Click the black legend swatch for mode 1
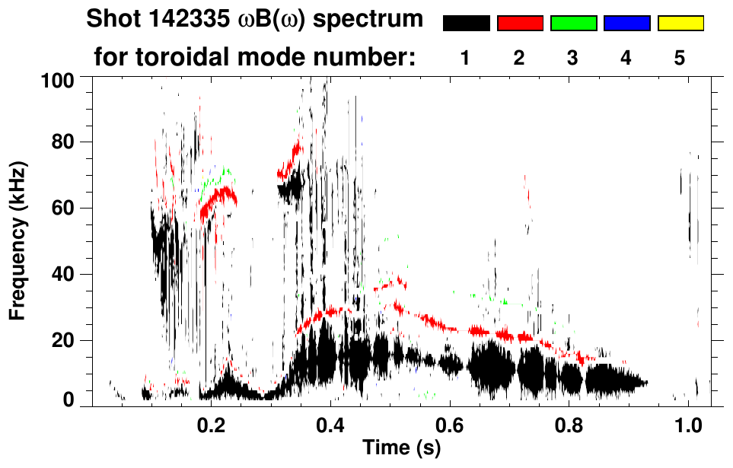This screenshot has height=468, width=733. pyautogui.click(x=466, y=24)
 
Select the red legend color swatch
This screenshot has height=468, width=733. pyautogui.click(x=520, y=24)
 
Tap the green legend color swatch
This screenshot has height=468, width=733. pyautogui.click(x=573, y=24)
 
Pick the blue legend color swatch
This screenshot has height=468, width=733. pyautogui.click(x=626, y=24)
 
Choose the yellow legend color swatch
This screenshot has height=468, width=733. pyautogui.click(x=680, y=24)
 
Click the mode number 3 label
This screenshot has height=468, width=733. pyautogui.click(x=572, y=58)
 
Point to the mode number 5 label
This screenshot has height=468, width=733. pyautogui.click(x=679, y=58)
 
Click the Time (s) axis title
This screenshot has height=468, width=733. pyautogui.click(x=401, y=448)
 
